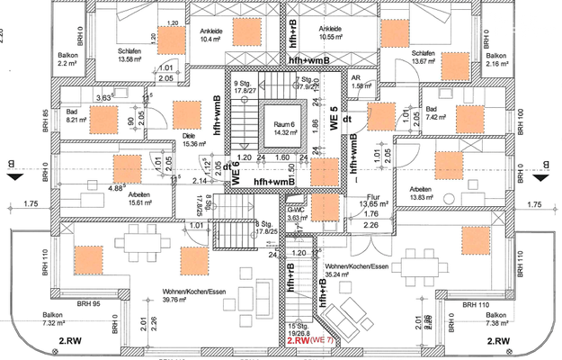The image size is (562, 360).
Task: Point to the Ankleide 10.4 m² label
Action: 210,35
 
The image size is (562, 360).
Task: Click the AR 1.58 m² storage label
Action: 358,82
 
